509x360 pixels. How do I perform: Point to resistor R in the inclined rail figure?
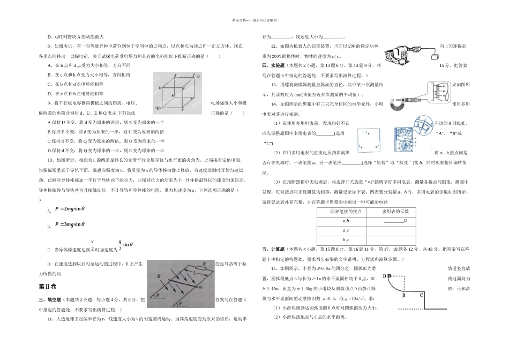[x=204, y=265]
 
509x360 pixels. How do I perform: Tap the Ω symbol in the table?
[x=406, y=221]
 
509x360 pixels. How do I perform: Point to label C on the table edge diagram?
[x=421, y=294]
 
